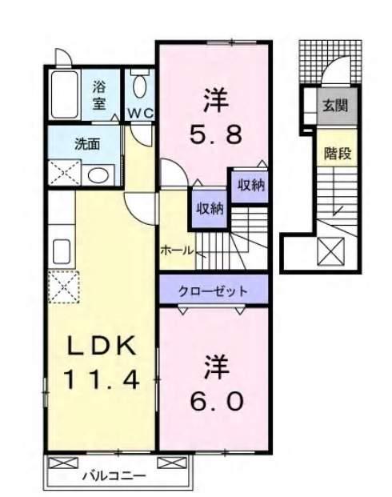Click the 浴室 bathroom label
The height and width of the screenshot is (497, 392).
pos(99,94)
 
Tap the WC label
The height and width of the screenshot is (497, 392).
pos(141,114)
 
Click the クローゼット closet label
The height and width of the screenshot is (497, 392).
pos(212,291)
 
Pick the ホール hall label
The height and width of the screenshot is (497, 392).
pos(177,251)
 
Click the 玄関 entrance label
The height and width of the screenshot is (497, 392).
pos(335,104)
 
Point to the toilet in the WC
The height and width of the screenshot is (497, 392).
pos(141,84)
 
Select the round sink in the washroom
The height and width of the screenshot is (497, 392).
pos(99,175)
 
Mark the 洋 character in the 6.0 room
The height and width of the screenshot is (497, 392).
pos(212,367)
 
